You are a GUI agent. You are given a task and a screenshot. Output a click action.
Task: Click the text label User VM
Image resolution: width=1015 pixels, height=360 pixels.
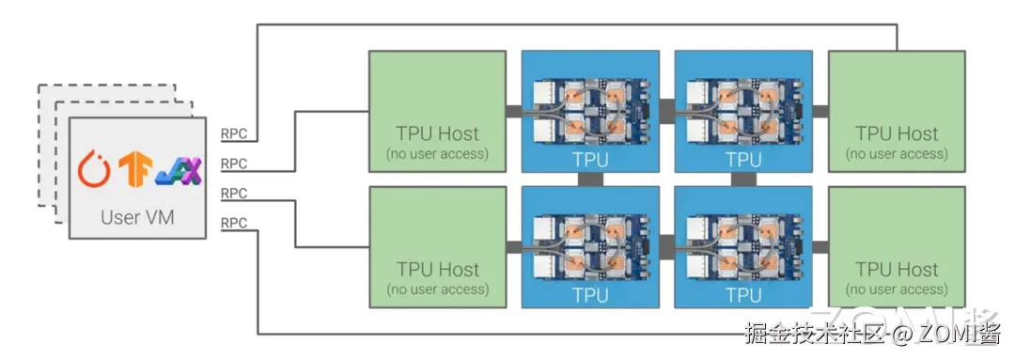pos(137,217)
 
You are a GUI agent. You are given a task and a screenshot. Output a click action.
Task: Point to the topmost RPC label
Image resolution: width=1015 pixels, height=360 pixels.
pos(234,133)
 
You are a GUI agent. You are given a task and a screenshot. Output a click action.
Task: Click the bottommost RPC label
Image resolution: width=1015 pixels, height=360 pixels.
pos(234,224)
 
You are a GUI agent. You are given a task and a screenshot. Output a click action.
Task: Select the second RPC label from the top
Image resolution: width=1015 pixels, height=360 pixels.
pos(234,164)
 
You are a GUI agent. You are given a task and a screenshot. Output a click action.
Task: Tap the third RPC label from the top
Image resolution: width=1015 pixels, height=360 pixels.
pos(234,194)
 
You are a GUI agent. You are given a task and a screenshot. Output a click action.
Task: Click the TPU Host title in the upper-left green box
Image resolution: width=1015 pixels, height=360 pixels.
pos(437,133)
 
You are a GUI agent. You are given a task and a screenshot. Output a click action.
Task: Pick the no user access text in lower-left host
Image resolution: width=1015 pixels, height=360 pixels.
pos(437,290)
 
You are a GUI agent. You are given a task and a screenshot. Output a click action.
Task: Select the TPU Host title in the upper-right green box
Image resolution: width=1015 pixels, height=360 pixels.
pos(897,133)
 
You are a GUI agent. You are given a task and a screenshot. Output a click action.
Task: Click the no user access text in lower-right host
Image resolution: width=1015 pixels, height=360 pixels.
pos(897,290)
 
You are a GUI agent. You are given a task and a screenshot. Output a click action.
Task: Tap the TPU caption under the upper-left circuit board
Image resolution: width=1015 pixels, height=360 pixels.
pos(590,160)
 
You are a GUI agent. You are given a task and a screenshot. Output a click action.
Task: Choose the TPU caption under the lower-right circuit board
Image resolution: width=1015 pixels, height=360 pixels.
pos(743,295)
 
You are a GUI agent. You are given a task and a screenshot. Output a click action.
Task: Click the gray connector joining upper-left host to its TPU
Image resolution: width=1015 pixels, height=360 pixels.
pos(514,112)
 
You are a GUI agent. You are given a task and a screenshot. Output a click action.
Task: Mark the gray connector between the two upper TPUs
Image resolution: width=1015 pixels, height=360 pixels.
pos(667,104)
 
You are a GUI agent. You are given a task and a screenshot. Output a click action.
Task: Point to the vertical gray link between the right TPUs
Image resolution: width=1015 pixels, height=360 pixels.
pos(743,180)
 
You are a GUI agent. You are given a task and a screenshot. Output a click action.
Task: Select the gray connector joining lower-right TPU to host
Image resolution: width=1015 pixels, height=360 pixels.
pos(820,247)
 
